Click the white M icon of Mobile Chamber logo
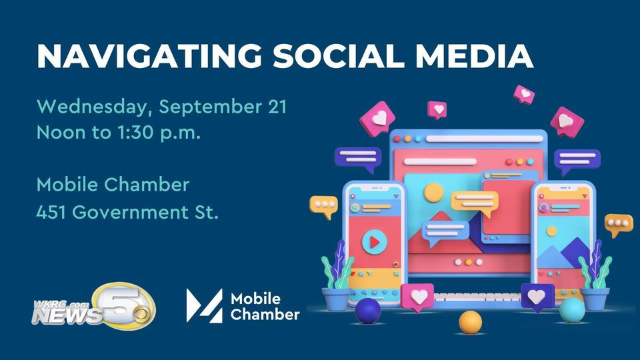[x=203, y=305]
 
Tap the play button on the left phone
[x=374, y=240]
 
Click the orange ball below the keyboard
[x=470, y=322]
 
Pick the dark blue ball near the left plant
[x=367, y=311]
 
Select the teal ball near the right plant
[x=572, y=310]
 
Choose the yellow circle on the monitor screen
[x=433, y=193]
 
